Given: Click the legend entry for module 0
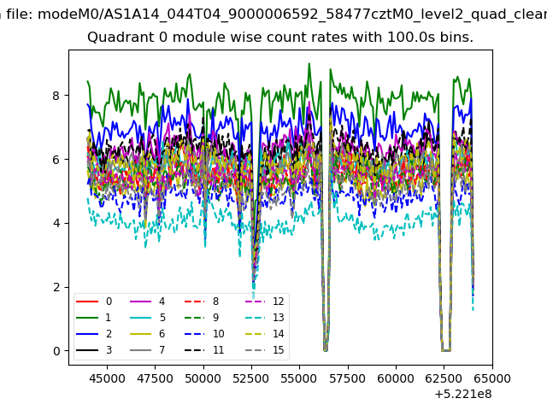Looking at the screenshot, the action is pyautogui.click(x=94, y=302).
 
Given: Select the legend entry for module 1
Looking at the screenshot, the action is pyautogui.click(x=93, y=317).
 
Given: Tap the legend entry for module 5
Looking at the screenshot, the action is pyautogui.click(x=148, y=317).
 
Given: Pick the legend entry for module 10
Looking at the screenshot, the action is pyautogui.click(x=204, y=334).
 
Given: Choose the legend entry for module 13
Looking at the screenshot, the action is pyautogui.click(x=265, y=317).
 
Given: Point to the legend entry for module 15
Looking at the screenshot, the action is pyautogui.click(x=265, y=349).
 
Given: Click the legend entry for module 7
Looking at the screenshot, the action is pyautogui.click(x=148, y=349).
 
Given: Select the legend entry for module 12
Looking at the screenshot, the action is pyautogui.click(x=265, y=302).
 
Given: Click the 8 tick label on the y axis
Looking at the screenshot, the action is pyautogui.click(x=56, y=95).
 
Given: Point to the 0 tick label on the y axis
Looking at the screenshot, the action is pyautogui.click(x=56, y=351).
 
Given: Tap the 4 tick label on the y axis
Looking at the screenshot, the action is pyautogui.click(x=56, y=223).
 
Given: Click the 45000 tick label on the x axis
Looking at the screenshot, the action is pyautogui.click(x=107, y=378).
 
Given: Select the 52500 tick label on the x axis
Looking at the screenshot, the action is pyautogui.click(x=251, y=378).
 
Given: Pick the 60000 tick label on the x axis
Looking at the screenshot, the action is pyautogui.click(x=396, y=378).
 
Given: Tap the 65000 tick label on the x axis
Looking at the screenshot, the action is pyautogui.click(x=492, y=378).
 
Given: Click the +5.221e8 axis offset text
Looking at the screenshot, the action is pyautogui.click(x=463, y=394).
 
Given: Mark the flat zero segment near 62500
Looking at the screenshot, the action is pyautogui.click(x=446, y=350).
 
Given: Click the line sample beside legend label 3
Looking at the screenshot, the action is pyautogui.click(x=87, y=349).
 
